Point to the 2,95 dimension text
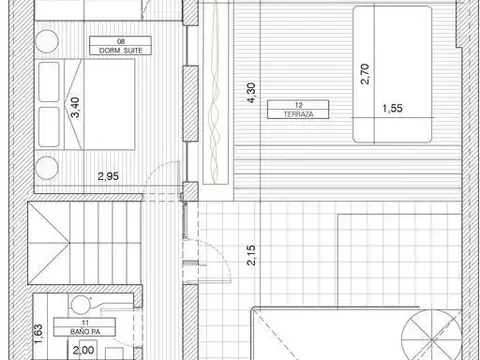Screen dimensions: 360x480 tap(108, 177)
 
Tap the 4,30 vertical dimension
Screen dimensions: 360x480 tap(250, 92)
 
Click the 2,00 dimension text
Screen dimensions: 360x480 tap(85, 349)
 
